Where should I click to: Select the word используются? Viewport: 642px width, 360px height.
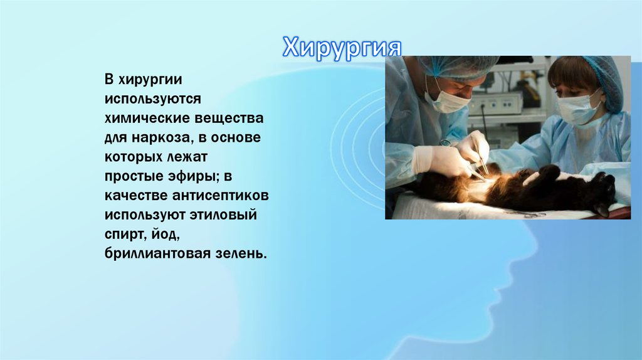coord(152,99)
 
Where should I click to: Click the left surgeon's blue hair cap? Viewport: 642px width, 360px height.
coord(458,65)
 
